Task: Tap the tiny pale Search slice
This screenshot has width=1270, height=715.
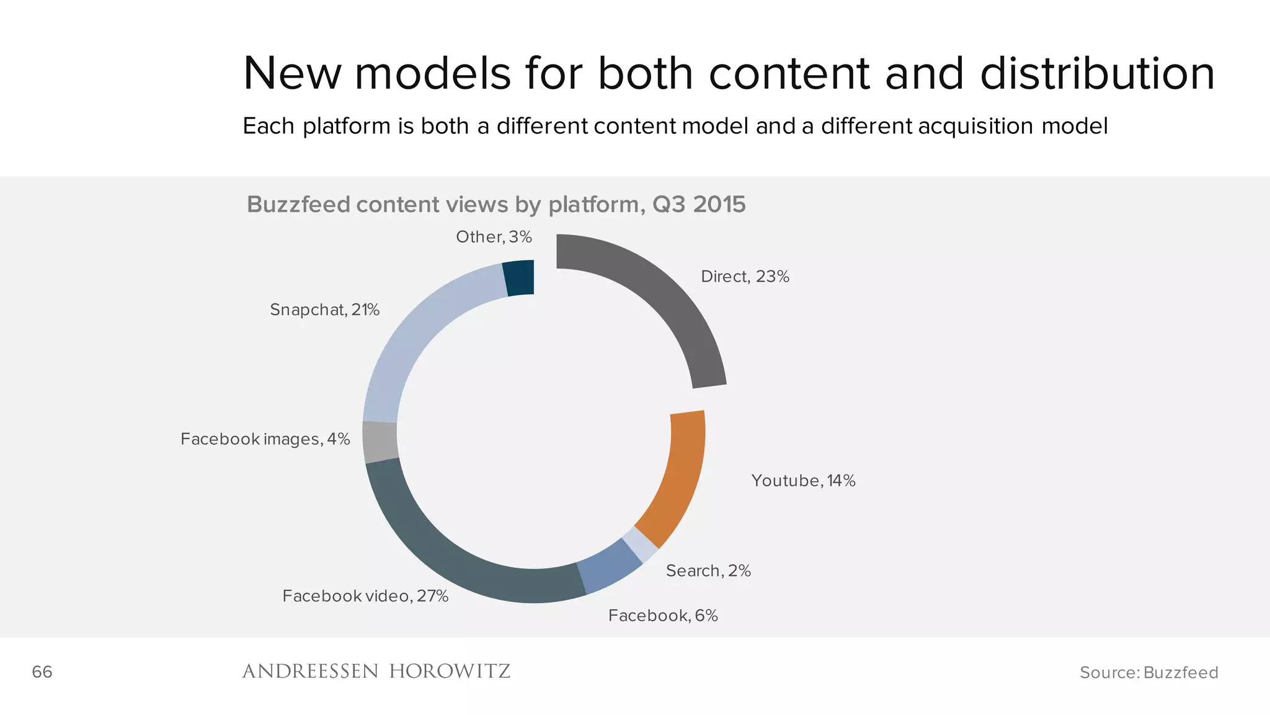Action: point(641,544)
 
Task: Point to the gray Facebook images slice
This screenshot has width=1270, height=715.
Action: point(380,442)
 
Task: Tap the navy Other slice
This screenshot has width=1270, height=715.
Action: point(519,278)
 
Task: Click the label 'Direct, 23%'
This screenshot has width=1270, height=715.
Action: point(745,277)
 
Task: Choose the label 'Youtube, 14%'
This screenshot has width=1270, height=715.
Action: point(803,481)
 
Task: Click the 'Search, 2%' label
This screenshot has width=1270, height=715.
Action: point(708,571)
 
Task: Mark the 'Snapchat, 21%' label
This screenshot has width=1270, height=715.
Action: point(324,310)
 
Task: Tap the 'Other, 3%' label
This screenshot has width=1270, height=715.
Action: point(494,237)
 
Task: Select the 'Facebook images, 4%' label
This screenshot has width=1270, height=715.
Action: point(265,439)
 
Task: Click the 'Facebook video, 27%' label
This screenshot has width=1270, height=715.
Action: point(365,596)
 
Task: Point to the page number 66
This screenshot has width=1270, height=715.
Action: point(42,672)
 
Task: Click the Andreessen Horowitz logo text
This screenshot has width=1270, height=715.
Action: point(376,672)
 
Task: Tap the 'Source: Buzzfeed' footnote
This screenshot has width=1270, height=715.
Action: point(1148,673)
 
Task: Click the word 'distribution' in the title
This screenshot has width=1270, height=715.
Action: point(1097,74)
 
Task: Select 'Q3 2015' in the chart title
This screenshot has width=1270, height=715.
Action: point(699,205)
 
